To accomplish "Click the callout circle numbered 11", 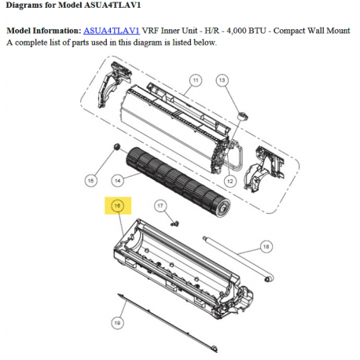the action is click(196, 80).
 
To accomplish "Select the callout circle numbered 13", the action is click(222, 80).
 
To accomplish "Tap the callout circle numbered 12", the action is click(230, 181).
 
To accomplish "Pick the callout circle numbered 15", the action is click(90, 181).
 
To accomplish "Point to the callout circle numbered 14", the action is click(118, 181).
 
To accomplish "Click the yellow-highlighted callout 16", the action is click(118, 206).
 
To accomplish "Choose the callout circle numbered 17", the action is click(160, 206).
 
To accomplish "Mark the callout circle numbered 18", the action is click(266, 247).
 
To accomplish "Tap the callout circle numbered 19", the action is click(117, 322).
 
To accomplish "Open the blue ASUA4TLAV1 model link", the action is click(112, 31).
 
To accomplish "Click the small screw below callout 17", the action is click(174, 224).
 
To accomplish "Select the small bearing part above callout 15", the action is click(116, 146).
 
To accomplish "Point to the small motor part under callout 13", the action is click(243, 116).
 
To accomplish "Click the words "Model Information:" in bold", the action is click(44, 31).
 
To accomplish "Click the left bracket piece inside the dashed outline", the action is click(113, 84).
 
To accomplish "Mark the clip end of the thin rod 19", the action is click(214, 348).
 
